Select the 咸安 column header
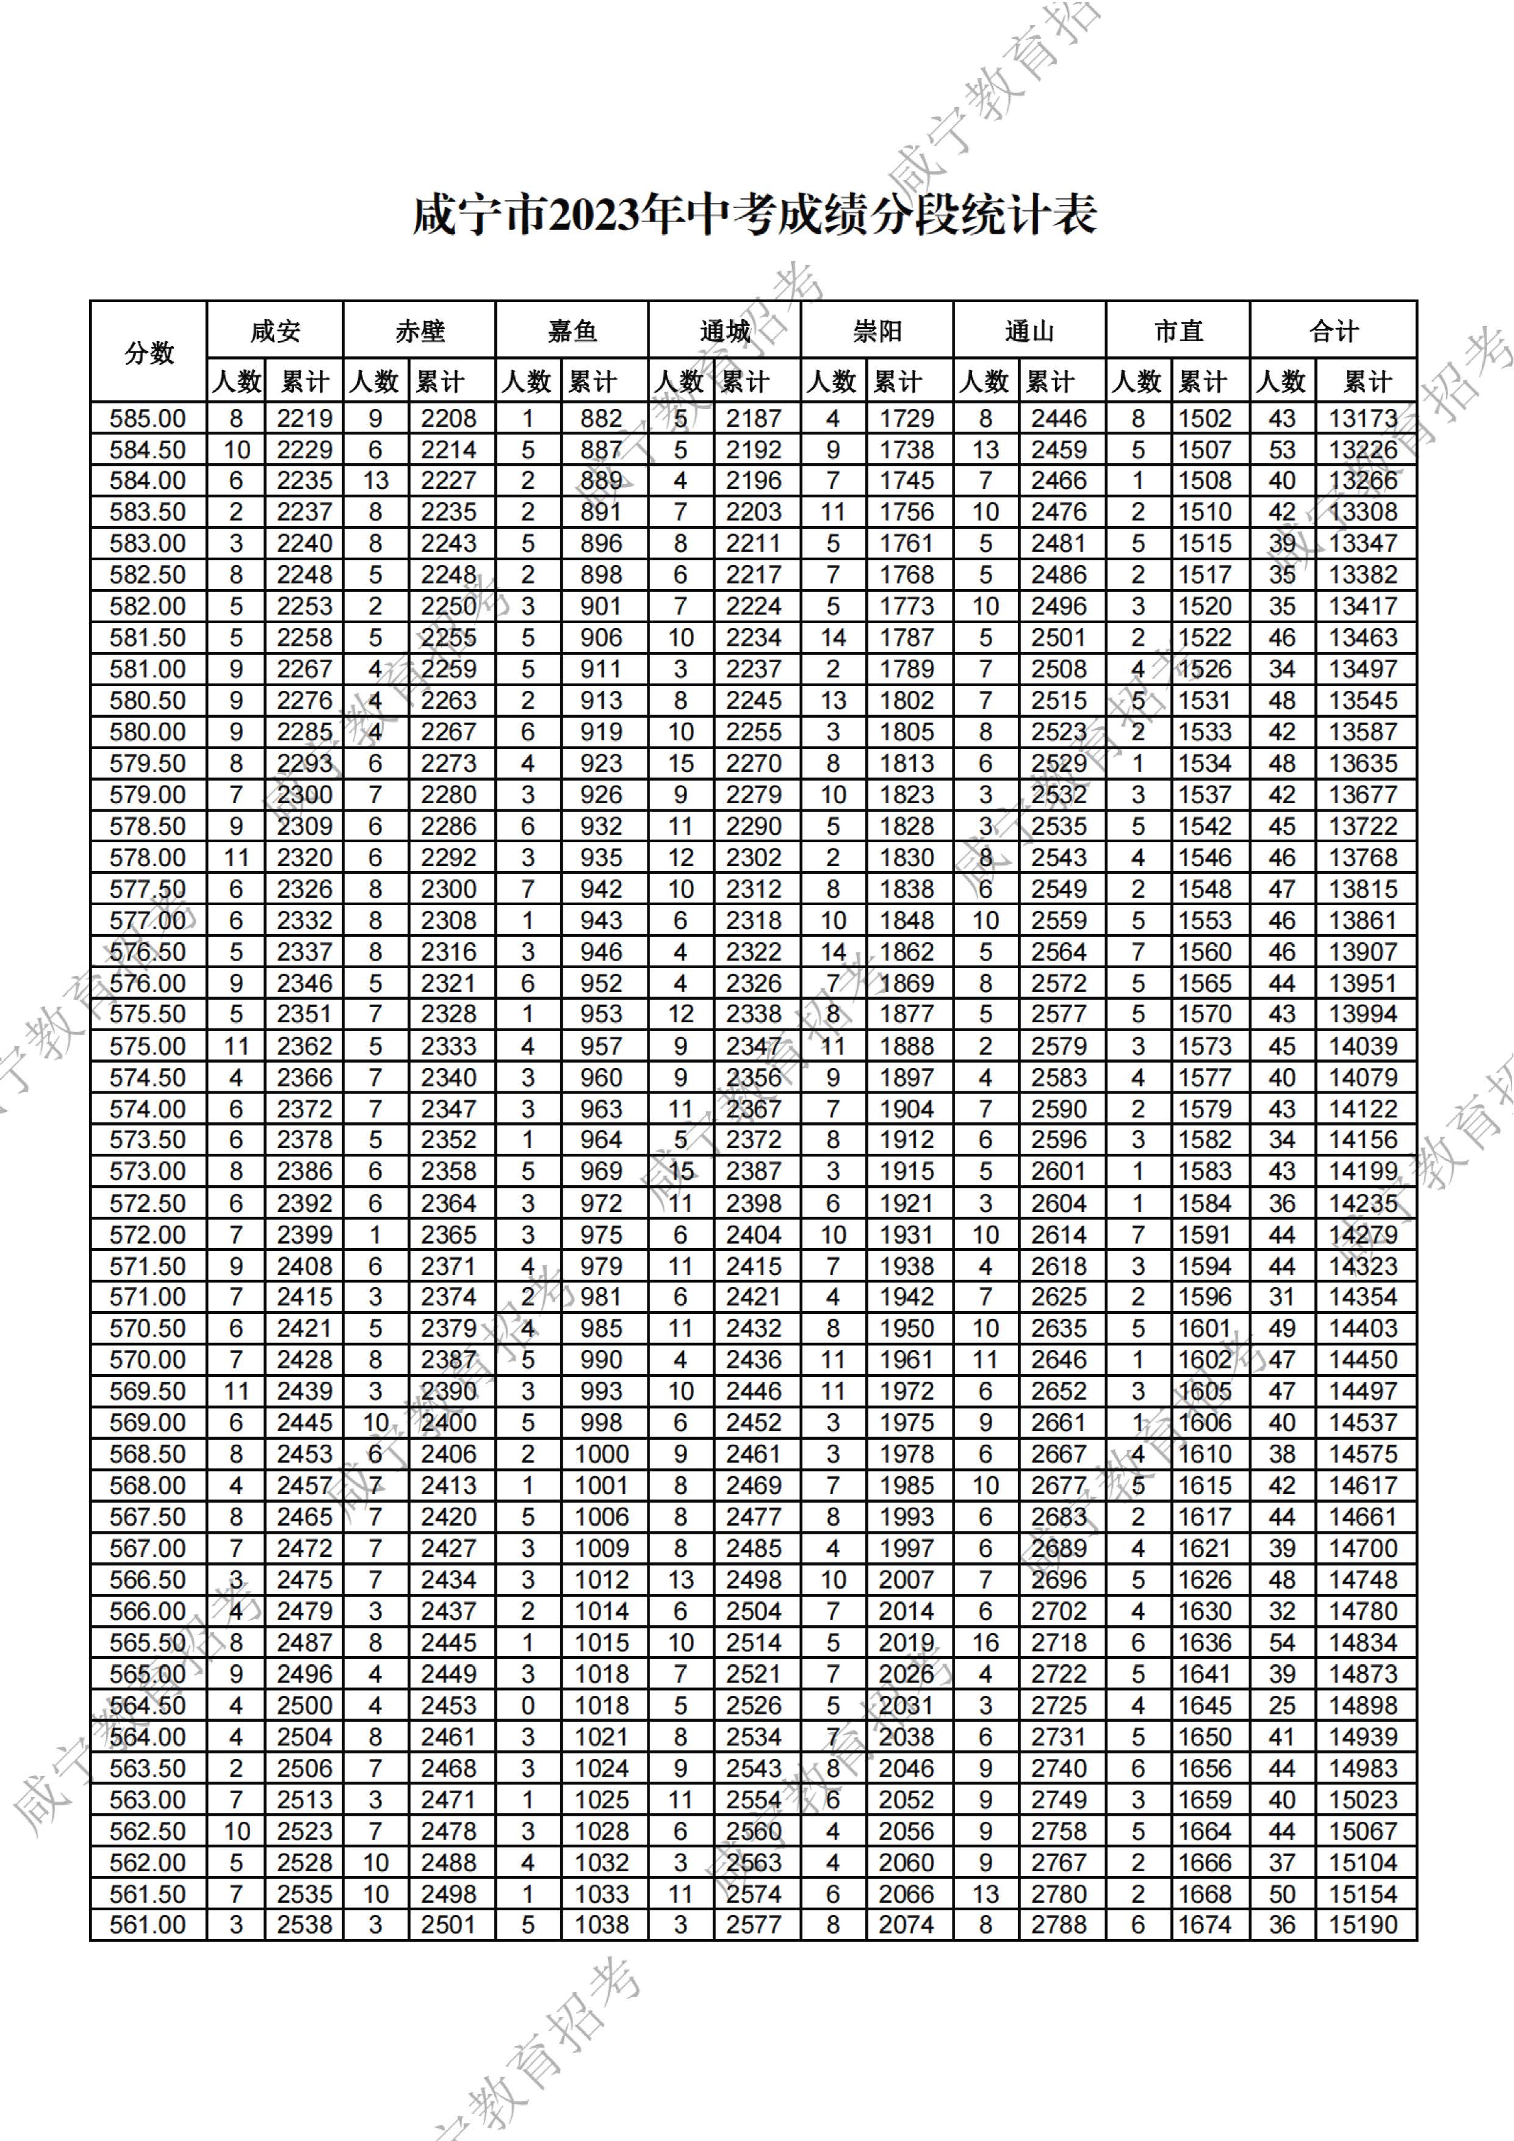(275, 331)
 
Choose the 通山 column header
(1029, 331)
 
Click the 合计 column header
(1333, 331)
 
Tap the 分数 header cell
(149, 353)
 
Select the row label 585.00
(148, 419)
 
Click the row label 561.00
(148, 1925)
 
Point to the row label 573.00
(148, 1171)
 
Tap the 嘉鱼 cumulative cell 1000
(601, 1454)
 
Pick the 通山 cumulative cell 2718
(1059, 1642)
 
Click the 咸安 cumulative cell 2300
(305, 795)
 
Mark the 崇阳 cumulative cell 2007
(906, 1580)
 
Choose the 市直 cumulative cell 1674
(1205, 1925)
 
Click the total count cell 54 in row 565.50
(1282, 1642)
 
